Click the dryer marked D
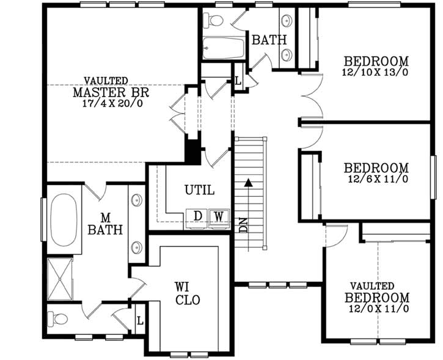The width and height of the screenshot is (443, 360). (x=197, y=216)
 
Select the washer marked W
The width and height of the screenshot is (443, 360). (x=218, y=216)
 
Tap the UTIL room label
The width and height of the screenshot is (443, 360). (x=199, y=190)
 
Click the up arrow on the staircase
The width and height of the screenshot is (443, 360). (x=248, y=182)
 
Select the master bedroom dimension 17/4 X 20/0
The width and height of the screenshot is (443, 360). (x=111, y=103)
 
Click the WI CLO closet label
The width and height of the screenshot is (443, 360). (x=187, y=293)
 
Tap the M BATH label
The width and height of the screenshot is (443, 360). (x=105, y=224)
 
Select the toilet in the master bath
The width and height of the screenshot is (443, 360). (x=59, y=318)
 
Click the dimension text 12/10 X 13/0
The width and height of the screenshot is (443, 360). (x=375, y=72)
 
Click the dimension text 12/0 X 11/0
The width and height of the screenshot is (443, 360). (x=375, y=309)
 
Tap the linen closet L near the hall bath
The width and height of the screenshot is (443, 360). (x=238, y=81)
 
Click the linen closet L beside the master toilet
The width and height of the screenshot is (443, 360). (x=140, y=320)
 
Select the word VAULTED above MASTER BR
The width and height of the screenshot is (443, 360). (x=106, y=81)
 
